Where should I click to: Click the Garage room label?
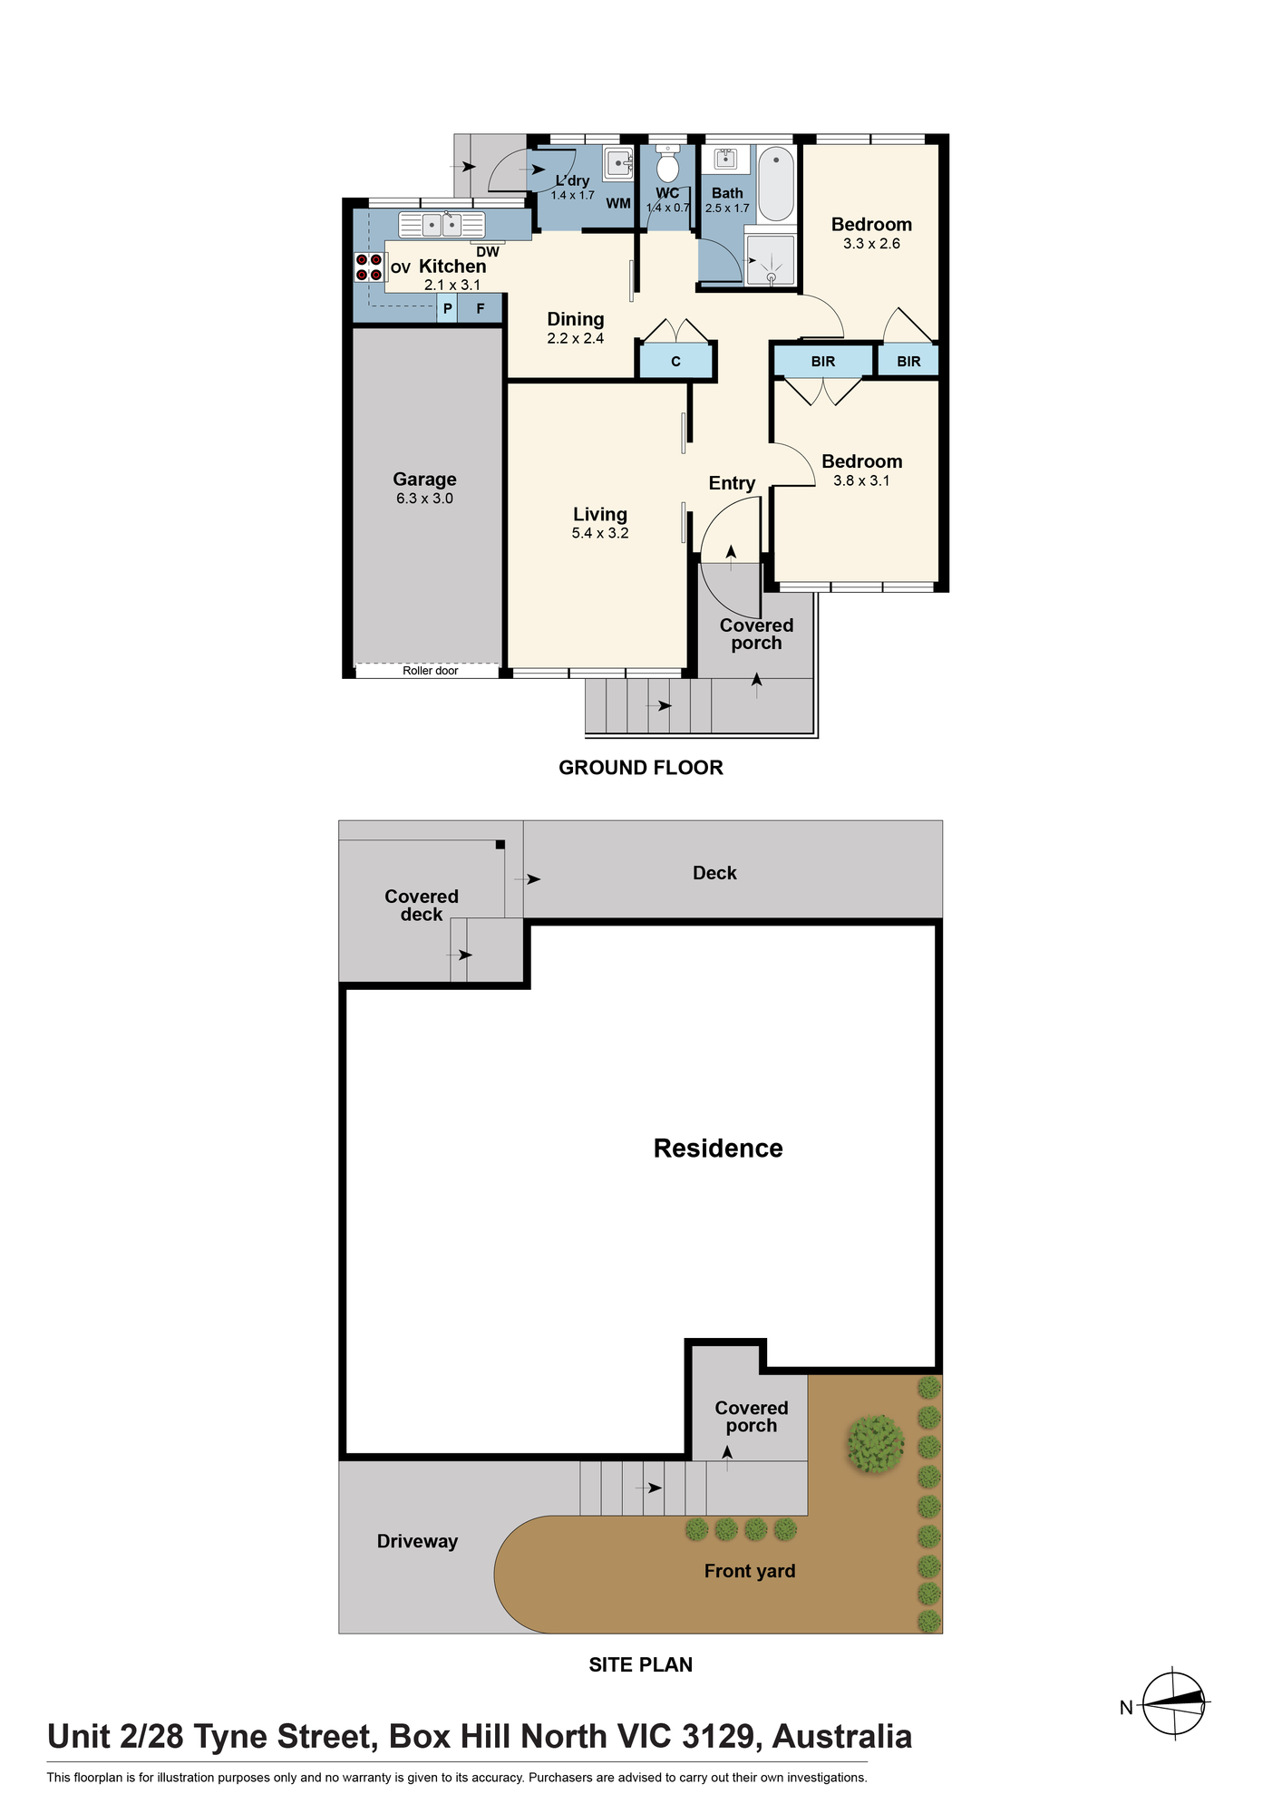click(424, 480)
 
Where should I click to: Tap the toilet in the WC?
click(668, 164)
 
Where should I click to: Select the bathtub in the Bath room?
click(776, 183)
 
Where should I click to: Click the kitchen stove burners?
click(369, 267)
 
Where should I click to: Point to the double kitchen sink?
click(442, 224)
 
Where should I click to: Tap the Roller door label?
click(430, 671)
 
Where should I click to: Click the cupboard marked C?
click(675, 362)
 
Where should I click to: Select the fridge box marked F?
click(481, 309)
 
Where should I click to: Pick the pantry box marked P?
click(448, 309)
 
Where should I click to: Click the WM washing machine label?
click(618, 203)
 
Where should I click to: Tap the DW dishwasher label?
click(488, 252)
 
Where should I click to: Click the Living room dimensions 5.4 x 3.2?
click(600, 533)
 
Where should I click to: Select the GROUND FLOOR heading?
click(641, 768)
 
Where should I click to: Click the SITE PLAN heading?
click(641, 1664)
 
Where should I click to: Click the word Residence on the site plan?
click(718, 1149)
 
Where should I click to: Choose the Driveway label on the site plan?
click(417, 1541)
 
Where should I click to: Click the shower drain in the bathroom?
click(772, 276)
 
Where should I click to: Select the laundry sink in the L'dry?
click(619, 162)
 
